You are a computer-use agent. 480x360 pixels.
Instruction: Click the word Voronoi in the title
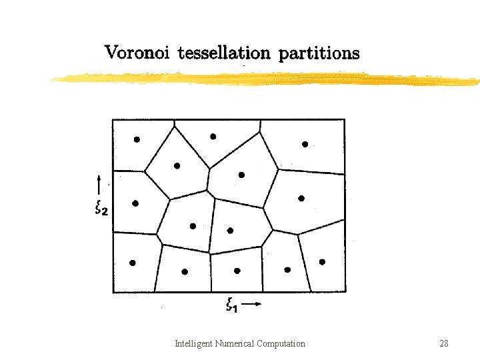(138, 53)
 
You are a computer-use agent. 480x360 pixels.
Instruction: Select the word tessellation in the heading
(223, 53)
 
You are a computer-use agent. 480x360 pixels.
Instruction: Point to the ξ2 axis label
(102, 209)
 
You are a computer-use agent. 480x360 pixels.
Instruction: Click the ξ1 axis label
(233, 306)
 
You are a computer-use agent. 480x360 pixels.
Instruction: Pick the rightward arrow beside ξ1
(252, 305)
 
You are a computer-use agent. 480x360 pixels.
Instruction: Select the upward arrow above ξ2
(99, 185)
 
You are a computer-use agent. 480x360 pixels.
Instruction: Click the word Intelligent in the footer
(193, 344)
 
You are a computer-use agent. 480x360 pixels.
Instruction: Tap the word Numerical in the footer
(235, 344)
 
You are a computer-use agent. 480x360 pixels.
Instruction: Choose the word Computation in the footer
(281, 344)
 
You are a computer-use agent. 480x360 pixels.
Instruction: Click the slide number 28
(443, 344)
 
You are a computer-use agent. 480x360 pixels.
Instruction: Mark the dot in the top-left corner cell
(137, 139)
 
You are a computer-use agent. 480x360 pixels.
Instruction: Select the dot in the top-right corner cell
(305, 144)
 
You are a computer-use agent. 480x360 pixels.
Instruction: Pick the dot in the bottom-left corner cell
(132, 263)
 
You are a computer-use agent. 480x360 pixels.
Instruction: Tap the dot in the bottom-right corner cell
(322, 262)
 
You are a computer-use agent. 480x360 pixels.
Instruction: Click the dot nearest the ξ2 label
(135, 203)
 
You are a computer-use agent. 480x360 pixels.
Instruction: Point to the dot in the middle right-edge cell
(301, 198)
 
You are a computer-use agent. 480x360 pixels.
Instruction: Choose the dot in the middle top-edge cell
(213, 137)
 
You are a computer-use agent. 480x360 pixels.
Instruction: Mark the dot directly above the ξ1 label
(237, 271)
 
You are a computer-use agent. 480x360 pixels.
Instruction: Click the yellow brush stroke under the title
(267, 79)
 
